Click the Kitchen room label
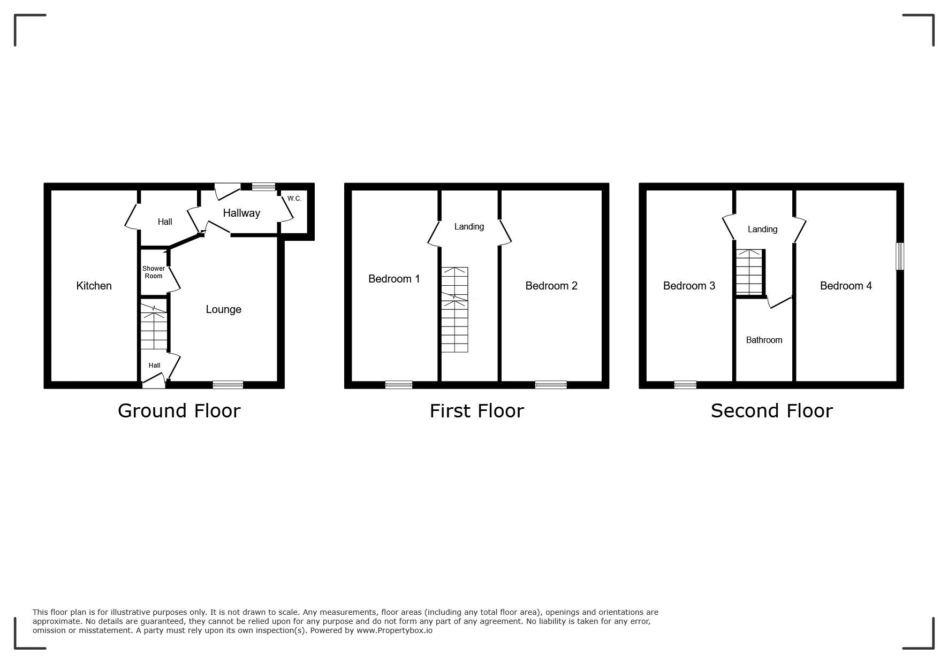pyautogui.click(x=94, y=286)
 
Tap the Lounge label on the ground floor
pyautogui.click(x=223, y=309)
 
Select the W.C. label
pyautogui.click(x=294, y=199)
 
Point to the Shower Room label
pyautogui.click(x=154, y=272)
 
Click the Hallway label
pyautogui.click(x=241, y=213)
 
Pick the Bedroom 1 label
pyautogui.click(x=394, y=279)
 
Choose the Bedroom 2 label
pyautogui.click(x=551, y=286)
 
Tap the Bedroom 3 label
pyautogui.click(x=689, y=286)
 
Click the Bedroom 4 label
pyautogui.click(x=846, y=286)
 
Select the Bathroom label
pyautogui.click(x=764, y=340)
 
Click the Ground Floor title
pyautogui.click(x=179, y=410)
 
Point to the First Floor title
pyautogui.click(x=476, y=410)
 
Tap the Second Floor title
pyautogui.click(x=771, y=410)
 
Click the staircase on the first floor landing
pyautogui.click(x=454, y=310)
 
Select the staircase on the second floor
pyautogui.click(x=749, y=272)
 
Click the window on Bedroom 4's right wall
pyautogui.click(x=900, y=256)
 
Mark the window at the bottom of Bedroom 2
pyautogui.click(x=551, y=385)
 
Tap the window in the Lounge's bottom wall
pyautogui.click(x=227, y=385)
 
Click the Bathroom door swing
pyautogui.click(x=779, y=302)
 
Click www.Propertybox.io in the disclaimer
pyautogui.click(x=395, y=630)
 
